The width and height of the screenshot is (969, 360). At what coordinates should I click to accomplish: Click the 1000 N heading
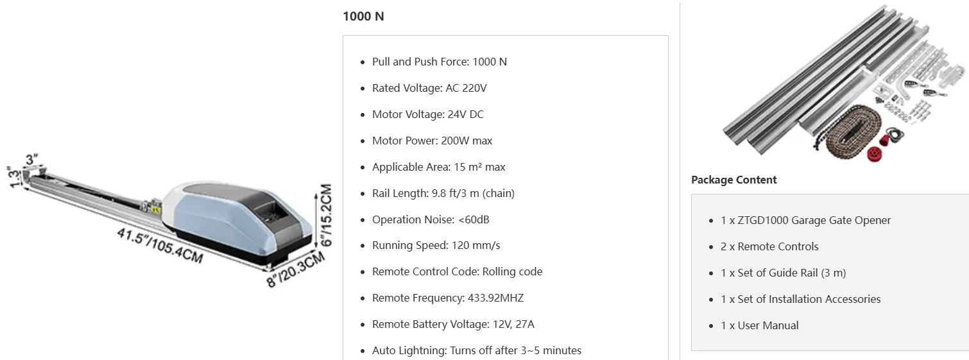point(363,16)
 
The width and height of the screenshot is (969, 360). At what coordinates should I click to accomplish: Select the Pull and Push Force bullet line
point(439,62)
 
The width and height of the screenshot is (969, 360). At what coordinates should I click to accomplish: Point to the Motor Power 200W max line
point(432,141)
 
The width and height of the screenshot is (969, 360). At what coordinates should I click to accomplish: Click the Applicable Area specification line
point(438,167)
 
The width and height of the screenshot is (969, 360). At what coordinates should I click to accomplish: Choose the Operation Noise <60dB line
point(430,219)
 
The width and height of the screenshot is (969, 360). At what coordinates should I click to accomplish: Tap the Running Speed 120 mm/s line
point(436,246)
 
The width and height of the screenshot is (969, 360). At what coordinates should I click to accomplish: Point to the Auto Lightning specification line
point(476,350)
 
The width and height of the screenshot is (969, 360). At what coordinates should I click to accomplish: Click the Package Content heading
point(733,180)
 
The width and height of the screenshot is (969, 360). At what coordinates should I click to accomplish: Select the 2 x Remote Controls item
point(769,246)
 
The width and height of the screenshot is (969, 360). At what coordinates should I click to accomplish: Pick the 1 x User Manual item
point(759,325)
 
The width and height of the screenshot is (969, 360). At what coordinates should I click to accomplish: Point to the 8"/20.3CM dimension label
point(296,269)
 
